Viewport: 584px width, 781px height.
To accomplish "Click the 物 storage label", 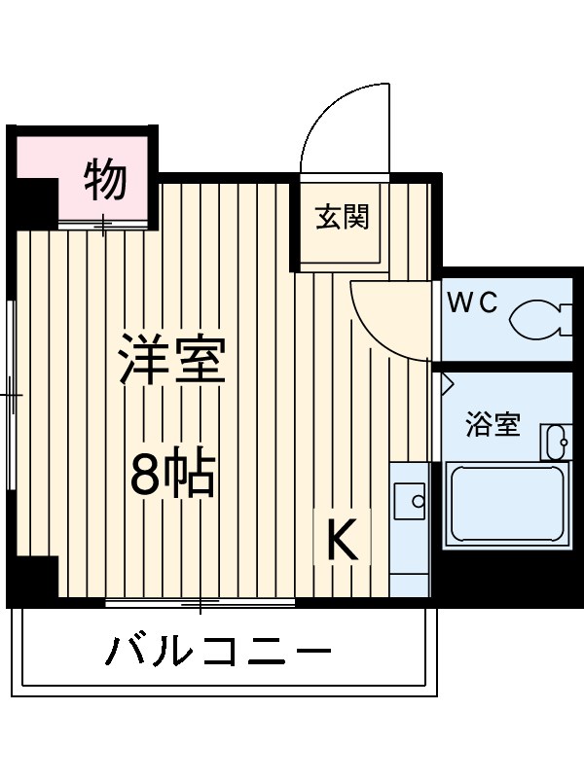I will click(x=105, y=179).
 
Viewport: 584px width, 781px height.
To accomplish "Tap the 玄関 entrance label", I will click(x=342, y=217).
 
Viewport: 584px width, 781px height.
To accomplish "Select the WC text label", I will click(x=472, y=302).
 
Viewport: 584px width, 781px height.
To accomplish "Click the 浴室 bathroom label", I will click(x=492, y=425).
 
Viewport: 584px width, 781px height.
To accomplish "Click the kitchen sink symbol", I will click(x=409, y=503).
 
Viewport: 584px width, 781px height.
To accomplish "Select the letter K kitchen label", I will click(x=342, y=541).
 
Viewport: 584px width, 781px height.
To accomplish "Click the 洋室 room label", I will click(x=173, y=360).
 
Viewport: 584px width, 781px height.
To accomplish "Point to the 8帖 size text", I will click(x=173, y=474).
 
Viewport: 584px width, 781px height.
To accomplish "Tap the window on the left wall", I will click(x=12, y=394).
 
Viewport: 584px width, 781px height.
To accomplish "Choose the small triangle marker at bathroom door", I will click(x=446, y=381).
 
